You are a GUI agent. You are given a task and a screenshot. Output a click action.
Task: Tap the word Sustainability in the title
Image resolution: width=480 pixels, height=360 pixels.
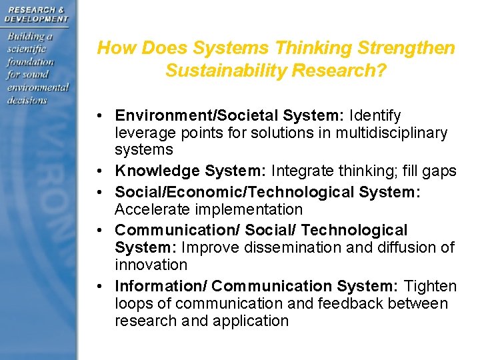[x=219, y=70]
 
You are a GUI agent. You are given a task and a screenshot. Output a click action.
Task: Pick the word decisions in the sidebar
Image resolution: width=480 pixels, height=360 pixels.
[x=27, y=100]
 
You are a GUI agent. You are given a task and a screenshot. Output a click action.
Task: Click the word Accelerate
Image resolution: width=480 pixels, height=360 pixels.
[x=149, y=209]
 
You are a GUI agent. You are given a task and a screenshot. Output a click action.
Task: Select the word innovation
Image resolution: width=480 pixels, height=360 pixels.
[x=151, y=265]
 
